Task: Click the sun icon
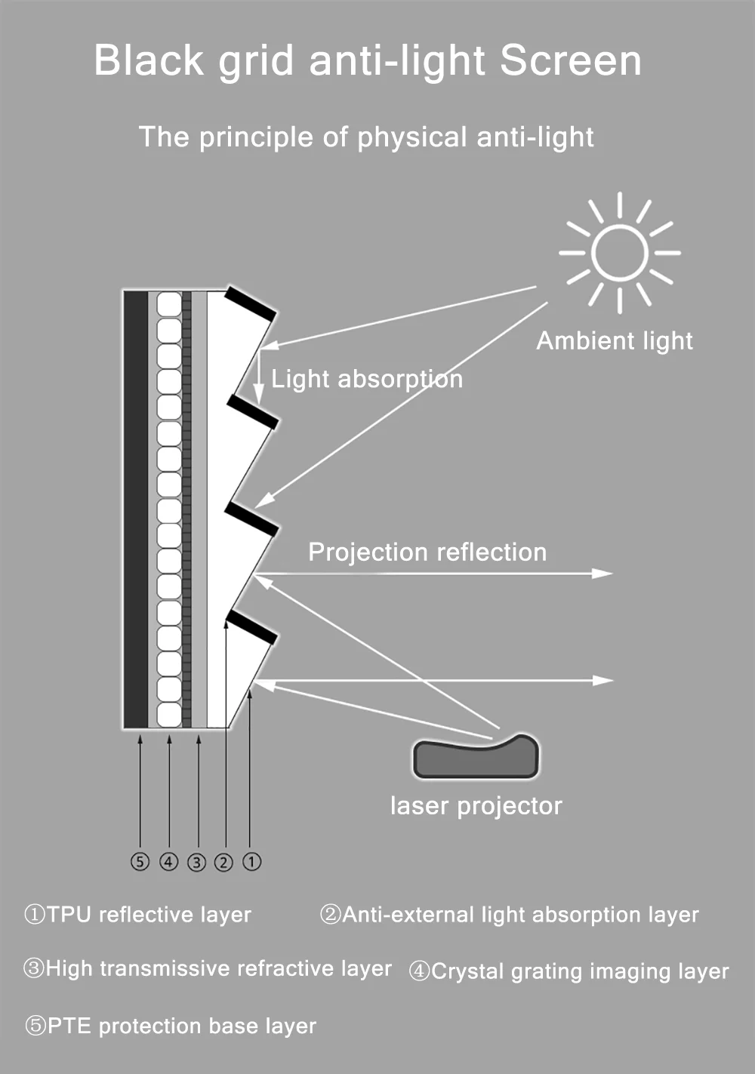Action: pos(619,253)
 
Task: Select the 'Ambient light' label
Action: pos(615,341)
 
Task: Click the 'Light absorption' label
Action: pos(367,379)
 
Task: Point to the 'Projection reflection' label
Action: pos(427,552)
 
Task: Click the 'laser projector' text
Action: pos(476,806)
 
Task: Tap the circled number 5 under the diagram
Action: pos(140,861)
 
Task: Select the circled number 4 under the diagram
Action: pos(168,861)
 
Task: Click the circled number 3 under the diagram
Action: pos(196,861)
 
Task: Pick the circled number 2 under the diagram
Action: pos(223,861)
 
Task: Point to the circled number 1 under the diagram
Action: pos(251,861)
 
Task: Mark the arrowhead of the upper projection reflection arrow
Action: pos(604,574)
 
